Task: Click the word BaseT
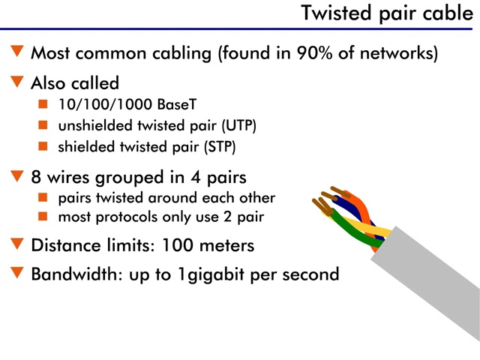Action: (160, 103)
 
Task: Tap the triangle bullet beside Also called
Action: (17, 81)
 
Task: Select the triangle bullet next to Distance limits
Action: (17, 244)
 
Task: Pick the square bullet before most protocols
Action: (43, 217)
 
